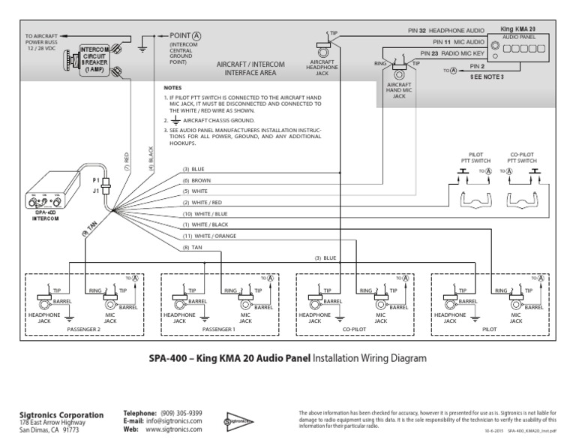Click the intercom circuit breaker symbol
tap(90, 60)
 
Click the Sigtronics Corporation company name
tap(61, 415)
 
